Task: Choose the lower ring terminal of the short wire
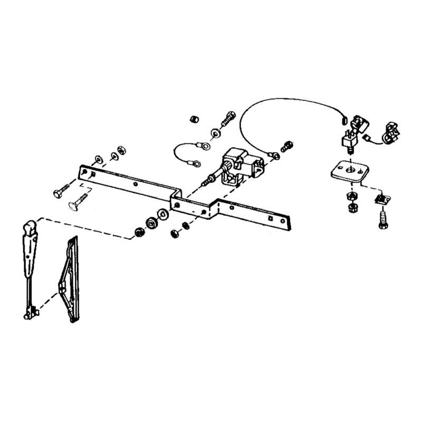point(196,164)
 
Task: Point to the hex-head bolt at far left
point(60,190)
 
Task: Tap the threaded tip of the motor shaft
point(206,183)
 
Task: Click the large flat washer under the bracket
point(163,214)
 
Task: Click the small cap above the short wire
point(194,119)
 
